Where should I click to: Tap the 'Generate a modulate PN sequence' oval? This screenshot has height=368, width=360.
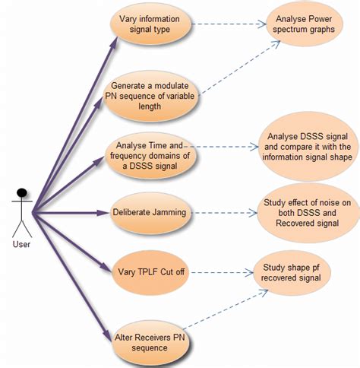[150, 97]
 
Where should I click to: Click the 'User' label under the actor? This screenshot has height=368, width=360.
[21, 244]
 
